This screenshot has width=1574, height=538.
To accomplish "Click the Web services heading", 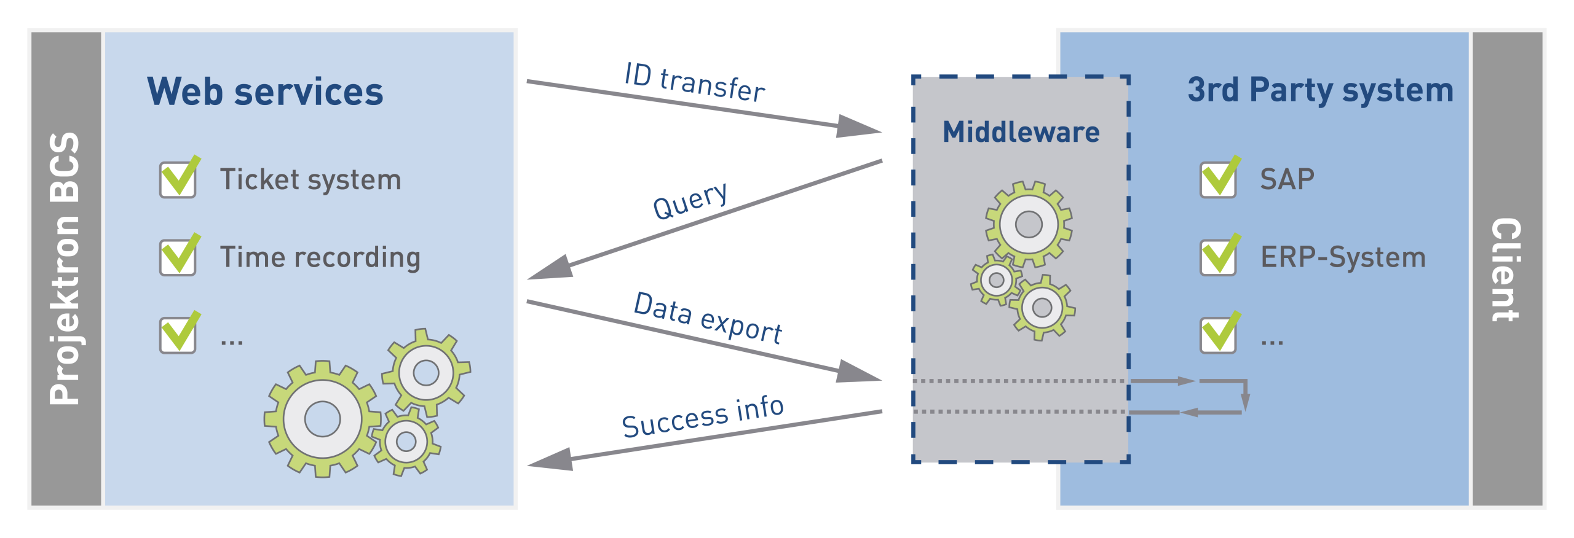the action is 265,92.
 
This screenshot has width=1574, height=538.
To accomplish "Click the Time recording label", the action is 320,257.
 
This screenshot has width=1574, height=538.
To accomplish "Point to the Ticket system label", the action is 310,179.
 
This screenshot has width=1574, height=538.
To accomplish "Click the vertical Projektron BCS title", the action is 65,268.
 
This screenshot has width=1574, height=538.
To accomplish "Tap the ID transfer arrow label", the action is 695,82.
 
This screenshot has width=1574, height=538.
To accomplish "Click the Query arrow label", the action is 690,201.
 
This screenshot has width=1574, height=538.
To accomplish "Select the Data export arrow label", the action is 708,318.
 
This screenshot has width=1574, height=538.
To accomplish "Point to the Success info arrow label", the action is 703,416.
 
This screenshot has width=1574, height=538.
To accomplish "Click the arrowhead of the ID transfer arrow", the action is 861,127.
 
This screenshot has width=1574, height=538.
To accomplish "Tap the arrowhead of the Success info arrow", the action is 549,460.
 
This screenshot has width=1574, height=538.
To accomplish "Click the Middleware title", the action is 1021,132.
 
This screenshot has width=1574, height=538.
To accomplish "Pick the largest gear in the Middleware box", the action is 1029,224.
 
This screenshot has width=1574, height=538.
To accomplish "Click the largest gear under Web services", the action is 322,419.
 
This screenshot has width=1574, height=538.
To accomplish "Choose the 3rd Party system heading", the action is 1320,90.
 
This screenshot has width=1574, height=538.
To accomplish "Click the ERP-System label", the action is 1343,257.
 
